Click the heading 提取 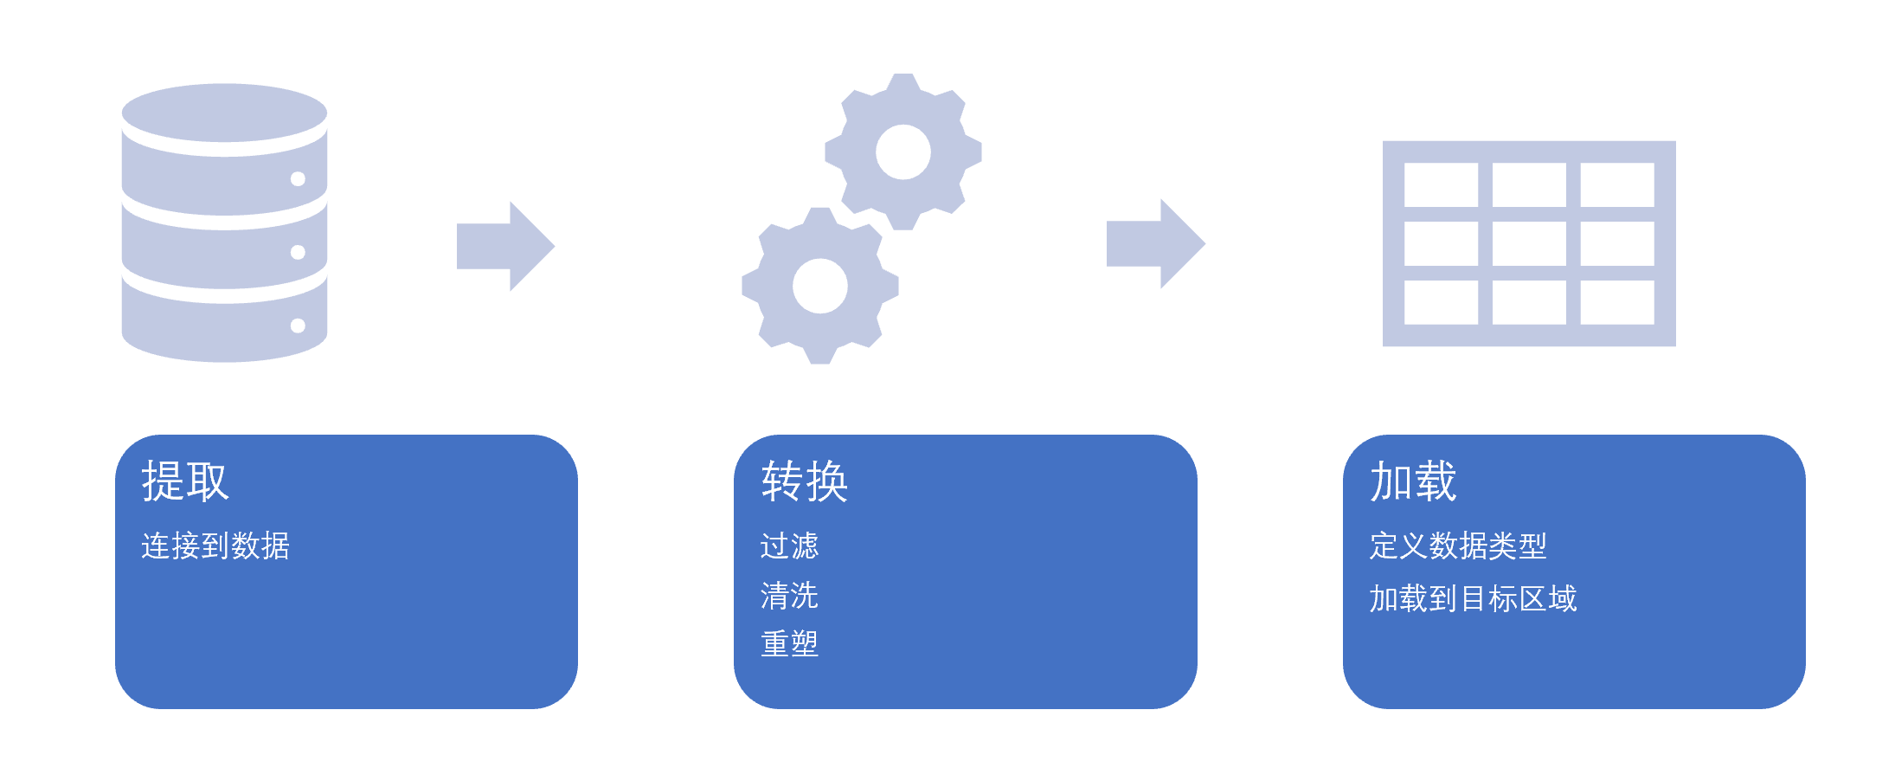(185, 481)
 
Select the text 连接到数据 (215, 546)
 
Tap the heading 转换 (805, 481)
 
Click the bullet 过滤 (789, 546)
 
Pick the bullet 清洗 (789, 596)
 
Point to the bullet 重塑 (789, 644)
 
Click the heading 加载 (1413, 481)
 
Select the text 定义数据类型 (1458, 546)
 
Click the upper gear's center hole (903, 152)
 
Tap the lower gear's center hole (819, 286)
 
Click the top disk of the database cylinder (224, 113)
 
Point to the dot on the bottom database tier (298, 326)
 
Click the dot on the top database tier (298, 179)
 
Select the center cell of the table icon (1529, 243)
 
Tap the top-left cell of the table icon (1441, 184)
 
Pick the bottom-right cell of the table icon (1617, 302)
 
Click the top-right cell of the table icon (1617, 184)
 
